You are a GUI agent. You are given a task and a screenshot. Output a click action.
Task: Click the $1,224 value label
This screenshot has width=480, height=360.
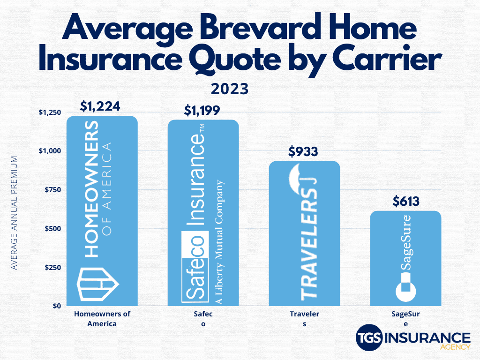pyautogui.click(x=100, y=106)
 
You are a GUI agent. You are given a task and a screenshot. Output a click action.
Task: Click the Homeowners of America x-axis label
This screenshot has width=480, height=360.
pyautogui.click(x=102, y=319)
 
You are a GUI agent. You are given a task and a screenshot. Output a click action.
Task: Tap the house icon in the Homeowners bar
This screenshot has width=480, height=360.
pyautogui.click(x=97, y=283)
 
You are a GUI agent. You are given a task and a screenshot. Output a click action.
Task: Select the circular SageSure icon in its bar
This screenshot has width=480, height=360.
pyautogui.click(x=406, y=289)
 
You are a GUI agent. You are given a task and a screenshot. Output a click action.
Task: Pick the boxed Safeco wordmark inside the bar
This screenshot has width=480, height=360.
pyautogui.click(x=193, y=266)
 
